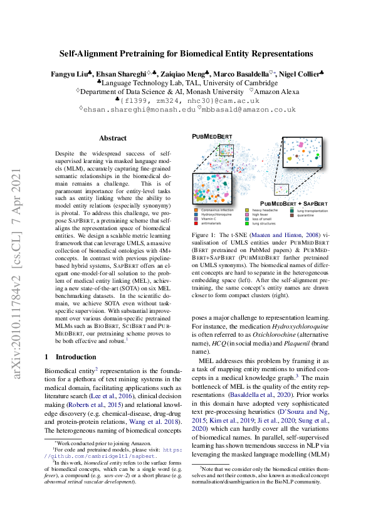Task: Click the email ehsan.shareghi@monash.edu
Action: tap(138, 108)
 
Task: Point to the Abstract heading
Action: tap(112, 138)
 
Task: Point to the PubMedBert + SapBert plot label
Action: tap(293, 204)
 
